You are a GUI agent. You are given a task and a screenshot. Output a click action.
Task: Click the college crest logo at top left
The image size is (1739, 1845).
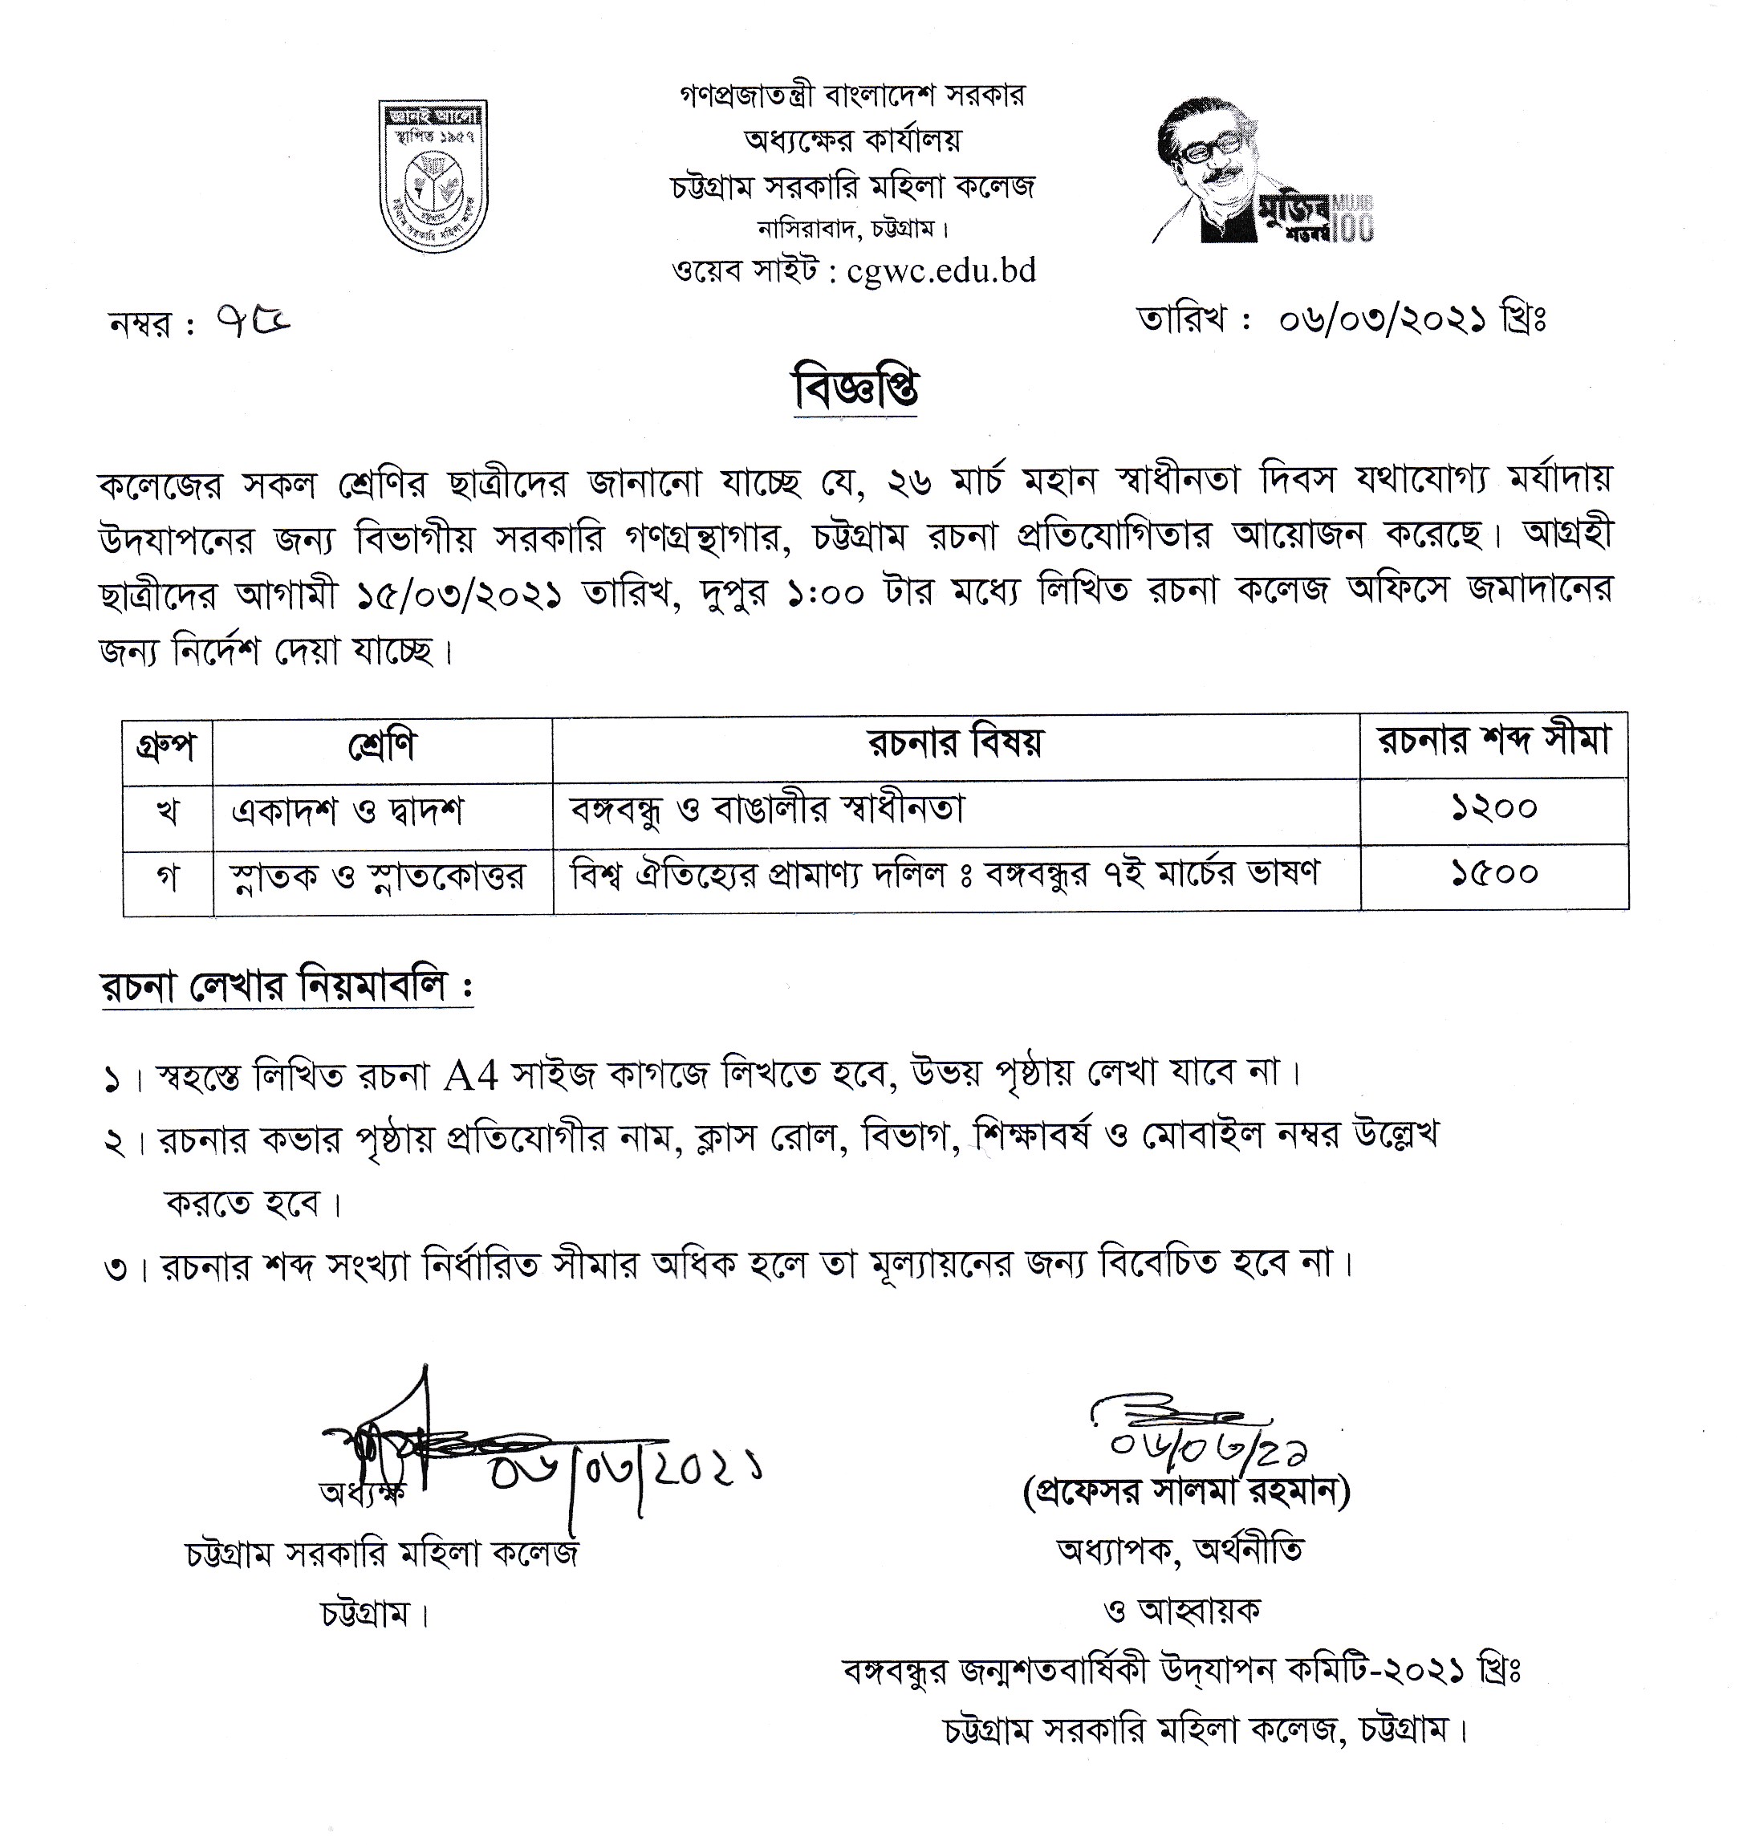point(433,177)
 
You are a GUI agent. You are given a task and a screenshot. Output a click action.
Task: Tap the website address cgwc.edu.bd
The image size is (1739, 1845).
point(941,271)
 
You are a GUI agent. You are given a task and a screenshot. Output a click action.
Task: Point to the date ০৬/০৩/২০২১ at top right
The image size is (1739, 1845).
point(1382,321)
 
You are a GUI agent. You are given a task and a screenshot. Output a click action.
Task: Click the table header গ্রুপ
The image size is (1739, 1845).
point(167,747)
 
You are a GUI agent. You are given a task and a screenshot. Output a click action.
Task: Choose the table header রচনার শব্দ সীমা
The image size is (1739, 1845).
point(1493,742)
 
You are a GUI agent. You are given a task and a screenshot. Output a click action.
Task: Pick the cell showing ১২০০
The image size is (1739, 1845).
point(1494,809)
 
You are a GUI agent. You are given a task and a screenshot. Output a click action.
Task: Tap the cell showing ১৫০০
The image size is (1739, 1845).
point(1494,874)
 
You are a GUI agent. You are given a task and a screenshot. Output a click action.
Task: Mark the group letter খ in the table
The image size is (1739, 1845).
point(167,812)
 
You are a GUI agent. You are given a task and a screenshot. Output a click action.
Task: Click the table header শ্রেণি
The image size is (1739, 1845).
point(381,747)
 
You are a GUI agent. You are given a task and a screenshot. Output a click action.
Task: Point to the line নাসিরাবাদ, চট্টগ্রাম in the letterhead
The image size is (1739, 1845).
point(853,227)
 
